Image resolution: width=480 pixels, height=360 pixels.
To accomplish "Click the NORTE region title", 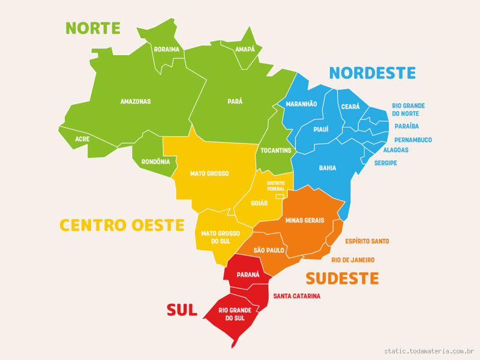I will [x=93, y=28].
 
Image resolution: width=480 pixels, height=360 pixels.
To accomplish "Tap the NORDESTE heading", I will [x=372, y=73].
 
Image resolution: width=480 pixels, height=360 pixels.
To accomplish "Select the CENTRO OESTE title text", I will [x=121, y=225].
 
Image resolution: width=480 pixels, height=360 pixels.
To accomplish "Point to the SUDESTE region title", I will [x=342, y=278].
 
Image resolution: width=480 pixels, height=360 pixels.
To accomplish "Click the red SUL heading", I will [x=182, y=310].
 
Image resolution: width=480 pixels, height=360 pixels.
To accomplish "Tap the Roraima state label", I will [x=167, y=49].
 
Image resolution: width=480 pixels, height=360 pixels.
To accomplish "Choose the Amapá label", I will [x=245, y=49].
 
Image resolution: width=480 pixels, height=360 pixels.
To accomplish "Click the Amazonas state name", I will [x=136, y=101].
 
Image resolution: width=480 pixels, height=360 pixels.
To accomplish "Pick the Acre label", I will [x=83, y=139].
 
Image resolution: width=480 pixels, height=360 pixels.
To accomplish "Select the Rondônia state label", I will [x=156, y=161].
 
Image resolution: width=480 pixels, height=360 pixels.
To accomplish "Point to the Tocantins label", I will [x=276, y=149].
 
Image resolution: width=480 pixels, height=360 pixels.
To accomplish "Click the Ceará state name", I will [x=350, y=106].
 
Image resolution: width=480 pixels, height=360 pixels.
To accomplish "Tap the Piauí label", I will [x=321, y=129].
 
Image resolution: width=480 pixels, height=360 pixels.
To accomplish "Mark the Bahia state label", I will [x=328, y=168].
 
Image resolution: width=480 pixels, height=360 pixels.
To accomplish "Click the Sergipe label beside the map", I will [x=386, y=163].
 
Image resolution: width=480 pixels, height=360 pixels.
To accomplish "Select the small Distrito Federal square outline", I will [x=279, y=196].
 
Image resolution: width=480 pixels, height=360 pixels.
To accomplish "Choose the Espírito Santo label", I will [x=367, y=241].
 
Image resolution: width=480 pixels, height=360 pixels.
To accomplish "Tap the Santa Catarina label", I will [x=296, y=296].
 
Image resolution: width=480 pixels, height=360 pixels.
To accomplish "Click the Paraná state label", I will [x=248, y=274].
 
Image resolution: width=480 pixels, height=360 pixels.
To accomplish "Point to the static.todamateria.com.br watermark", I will [x=430, y=351].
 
